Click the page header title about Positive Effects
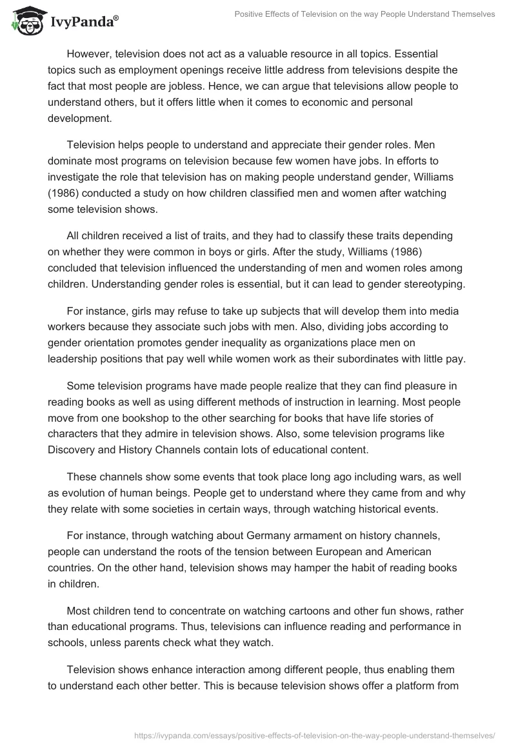tap(370, 14)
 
